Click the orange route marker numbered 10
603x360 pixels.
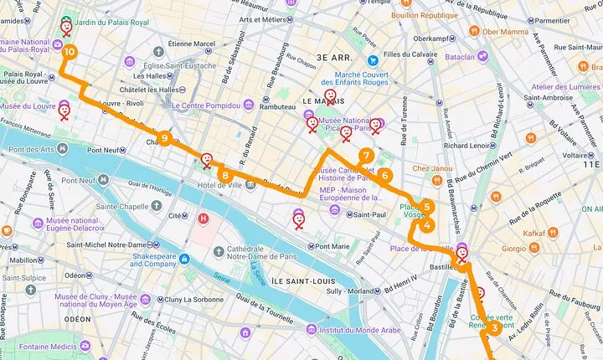68,52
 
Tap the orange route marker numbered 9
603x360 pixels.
165,138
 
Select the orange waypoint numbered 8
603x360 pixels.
225,175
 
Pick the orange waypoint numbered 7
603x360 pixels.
366,156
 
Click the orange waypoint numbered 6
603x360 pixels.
384,176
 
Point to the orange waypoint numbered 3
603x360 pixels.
494,328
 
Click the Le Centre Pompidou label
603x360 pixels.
206,106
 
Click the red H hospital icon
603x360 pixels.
202,219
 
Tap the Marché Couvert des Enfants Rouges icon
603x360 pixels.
373,60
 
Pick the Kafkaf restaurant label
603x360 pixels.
534,234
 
